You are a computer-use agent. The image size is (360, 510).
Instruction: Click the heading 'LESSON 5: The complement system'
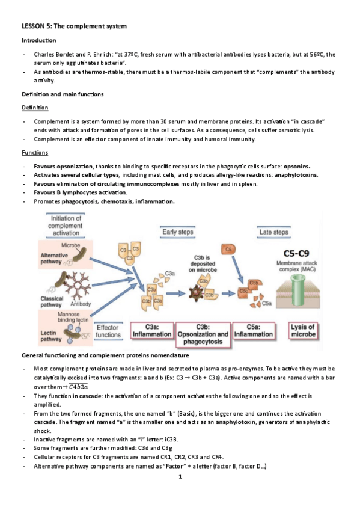(74, 26)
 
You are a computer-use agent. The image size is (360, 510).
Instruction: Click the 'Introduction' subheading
(38, 40)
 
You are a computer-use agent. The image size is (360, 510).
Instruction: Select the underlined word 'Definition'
(35, 108)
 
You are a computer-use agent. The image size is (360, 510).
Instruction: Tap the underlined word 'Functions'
(35, 153)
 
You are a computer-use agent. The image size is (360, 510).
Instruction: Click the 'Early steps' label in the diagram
(178, 232)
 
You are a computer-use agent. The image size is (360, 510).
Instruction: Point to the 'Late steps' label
(274, 232)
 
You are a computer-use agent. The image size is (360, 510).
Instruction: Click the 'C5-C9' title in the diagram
(296, 253)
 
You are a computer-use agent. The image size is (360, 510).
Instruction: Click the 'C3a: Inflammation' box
(152, 331)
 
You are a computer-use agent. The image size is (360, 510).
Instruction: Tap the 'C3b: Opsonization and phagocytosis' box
(203, 334)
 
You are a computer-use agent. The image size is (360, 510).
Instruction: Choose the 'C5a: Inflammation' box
(254, 331)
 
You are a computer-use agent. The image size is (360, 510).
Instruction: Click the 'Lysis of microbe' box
(303, 331)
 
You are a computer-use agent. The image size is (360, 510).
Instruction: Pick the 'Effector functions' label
(108, 331)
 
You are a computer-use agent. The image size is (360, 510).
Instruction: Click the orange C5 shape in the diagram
(228, 250)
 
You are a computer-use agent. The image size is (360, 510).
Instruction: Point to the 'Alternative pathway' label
(54, 258)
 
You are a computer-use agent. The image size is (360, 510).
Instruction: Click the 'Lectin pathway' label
(51, 336)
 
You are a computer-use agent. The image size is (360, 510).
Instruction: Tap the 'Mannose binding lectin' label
(73, 317)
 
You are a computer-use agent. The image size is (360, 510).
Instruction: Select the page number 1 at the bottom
(180, 476)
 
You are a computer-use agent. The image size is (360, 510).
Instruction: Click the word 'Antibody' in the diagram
(81, 304)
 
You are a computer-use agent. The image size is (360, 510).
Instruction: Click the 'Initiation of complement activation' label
(66, 226)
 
